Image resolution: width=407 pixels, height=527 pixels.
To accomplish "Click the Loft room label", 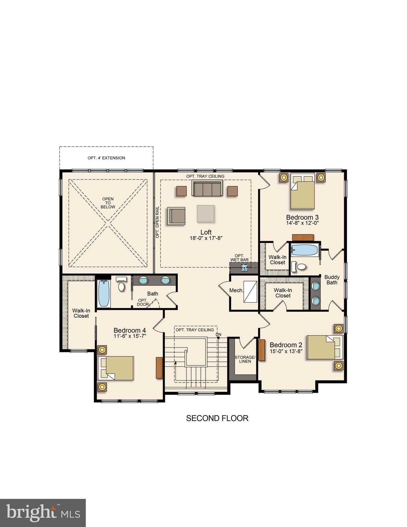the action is (206, 232).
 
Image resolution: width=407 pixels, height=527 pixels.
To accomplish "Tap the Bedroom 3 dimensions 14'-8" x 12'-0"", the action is (302, 223).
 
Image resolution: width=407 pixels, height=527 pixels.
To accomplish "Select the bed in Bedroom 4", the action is (116, 368).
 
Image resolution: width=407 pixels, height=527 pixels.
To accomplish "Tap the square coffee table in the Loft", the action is (206, 213).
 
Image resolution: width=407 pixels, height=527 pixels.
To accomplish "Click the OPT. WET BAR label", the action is (240, 258).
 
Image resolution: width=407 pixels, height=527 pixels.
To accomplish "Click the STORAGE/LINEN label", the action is (245, 359).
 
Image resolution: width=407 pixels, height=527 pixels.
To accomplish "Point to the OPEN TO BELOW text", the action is (108, 203).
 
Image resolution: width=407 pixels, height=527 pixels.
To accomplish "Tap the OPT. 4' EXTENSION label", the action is (106, 158).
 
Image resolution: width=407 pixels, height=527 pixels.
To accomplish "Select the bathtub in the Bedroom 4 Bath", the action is (104, 293).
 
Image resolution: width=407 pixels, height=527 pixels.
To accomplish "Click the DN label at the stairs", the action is (219, 335).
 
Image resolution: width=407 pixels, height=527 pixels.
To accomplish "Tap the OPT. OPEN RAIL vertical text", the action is (157, 222).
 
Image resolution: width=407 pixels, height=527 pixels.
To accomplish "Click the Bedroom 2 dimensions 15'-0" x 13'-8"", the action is (286, 351).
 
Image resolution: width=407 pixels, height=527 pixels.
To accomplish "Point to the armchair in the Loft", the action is (176, 215).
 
